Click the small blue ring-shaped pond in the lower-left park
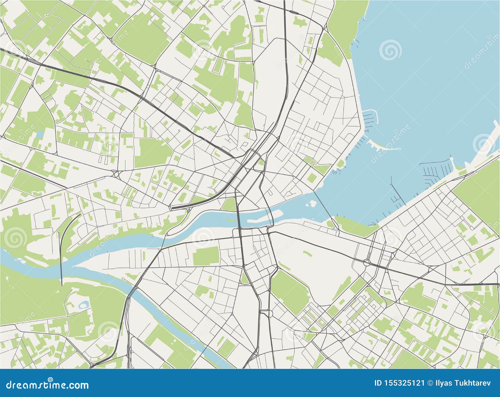pos(84,304)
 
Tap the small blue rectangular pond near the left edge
pos(40,134)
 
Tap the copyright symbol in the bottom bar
pos(429,383)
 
